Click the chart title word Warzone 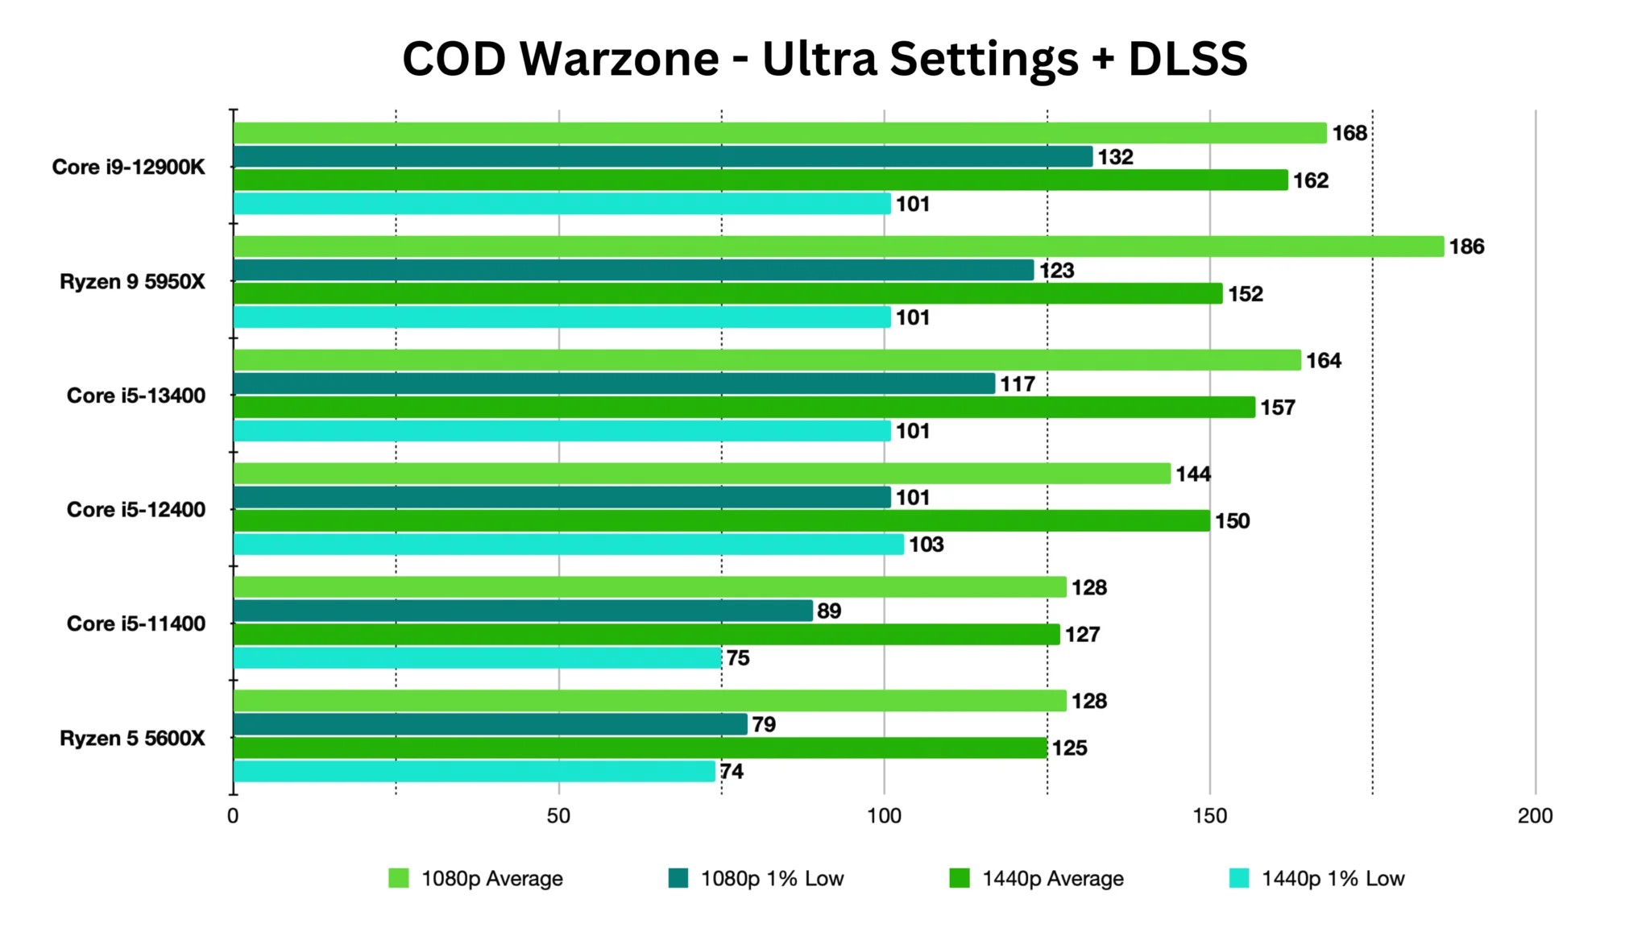pyautogui.click(x=619, y=59)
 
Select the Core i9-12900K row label pyautogui.click(x=129, y=167)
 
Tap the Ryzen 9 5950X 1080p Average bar pyautogui.click(x=838, y=246)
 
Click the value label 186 pyautogui.click(x=1466, y=246)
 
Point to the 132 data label pyautogui.click(x=1115, y=157)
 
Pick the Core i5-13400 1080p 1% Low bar pyautogui.click(x=614, y=383)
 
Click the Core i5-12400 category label pyautogui.click(x=136, y=510)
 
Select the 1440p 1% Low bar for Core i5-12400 pyautogui.click(x=569, y=545)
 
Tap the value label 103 pyautogui.click(x=926, y=545)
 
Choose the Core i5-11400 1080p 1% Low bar pyautogui.click(x=523, y=611)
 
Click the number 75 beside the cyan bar pyautogui.click(x=738, y=658)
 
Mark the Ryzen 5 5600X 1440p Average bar pyautogui.click(x=641, y=748)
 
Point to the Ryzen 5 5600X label pyautogui.click(x=133, y=738)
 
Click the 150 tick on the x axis pyautogui.click(x=1209, y=816)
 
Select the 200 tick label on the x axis pyautogui.click(x=1535, y=816)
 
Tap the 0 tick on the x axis pyautogui.click(x=233, y=816)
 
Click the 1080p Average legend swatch pyautogui.click(x=399, y=878)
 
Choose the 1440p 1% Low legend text pyautogui.click(x=1333, y=878)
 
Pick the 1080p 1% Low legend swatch pyautogui.click(x=678, y=878)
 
